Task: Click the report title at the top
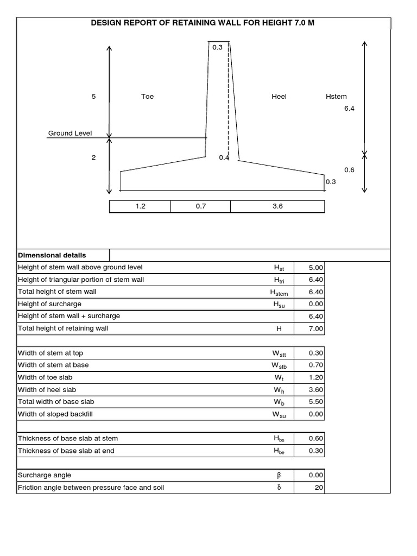click(x=203, y=24)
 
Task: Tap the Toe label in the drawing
click(x=147, y=97)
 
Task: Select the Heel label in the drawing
click(x=279, y=97)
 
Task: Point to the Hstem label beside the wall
click(x=336, y=97)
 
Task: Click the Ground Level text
click(x=70, y=133)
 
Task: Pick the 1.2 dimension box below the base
click(x=140, y=206)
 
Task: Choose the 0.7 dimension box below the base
click(x=201, y=206)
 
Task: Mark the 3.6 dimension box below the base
click(x=277, y=206)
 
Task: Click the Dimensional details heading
click(x=52, y=255)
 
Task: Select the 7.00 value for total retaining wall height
click(x=315, y=328)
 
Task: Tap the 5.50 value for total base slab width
click(x=315, y=402)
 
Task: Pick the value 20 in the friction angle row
click(x=319, y=488)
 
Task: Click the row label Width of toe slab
click(x=45, y=377)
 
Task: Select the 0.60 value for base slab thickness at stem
click(x=315, y=439)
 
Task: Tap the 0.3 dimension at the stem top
click(x=217, y=48)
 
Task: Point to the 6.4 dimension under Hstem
click(x=349, y=109)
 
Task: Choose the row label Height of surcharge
click(x=50, y=304)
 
